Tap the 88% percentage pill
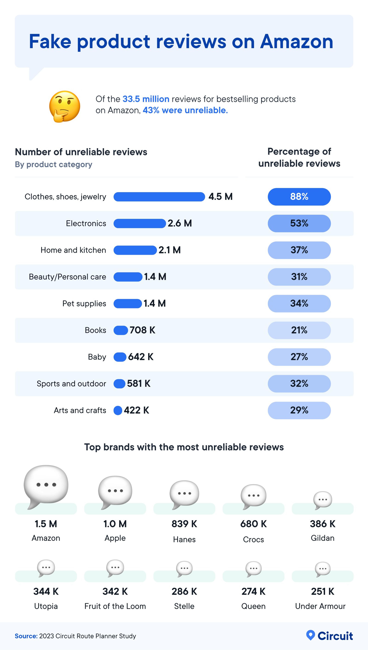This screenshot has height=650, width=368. click(x=299, y=197)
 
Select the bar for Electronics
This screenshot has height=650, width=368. click(x=140, y=223)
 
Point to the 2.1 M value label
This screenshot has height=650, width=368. click(x=169, y=250)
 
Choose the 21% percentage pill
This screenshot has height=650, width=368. click(x=299, y=330)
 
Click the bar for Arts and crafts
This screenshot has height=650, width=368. click(x=118, y=410)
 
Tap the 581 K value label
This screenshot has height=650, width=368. click(x=138, y=383)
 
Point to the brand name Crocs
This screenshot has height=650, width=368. click(x=253, y=540)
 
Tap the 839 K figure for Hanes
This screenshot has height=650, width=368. click(x=184, y=524)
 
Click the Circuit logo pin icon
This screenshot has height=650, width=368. click(x=310, y=635)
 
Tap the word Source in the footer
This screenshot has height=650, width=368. click(x=26, y=636)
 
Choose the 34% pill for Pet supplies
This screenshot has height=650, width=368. click(x=299, y=303)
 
